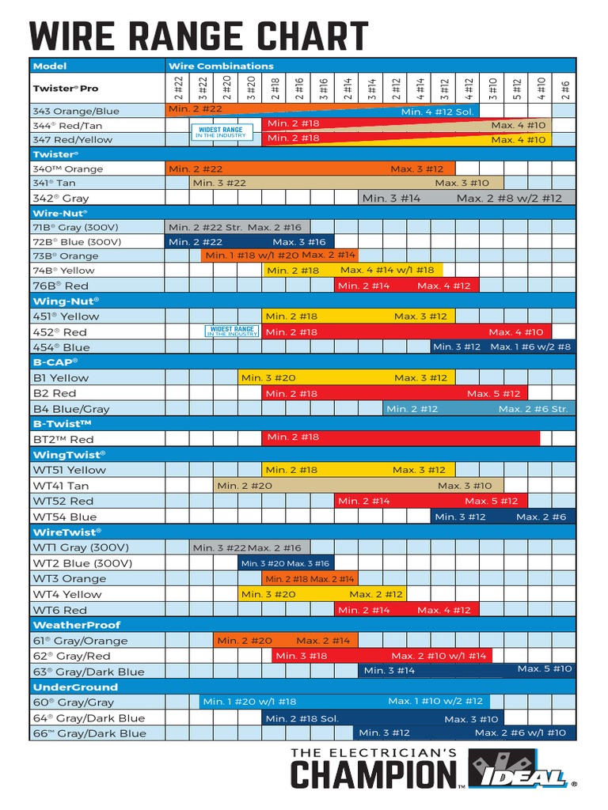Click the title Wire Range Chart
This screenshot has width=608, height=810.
point(199,37)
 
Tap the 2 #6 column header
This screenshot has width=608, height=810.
point(564,89)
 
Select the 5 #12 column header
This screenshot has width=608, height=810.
point(516,89)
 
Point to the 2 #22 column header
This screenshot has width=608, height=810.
point(178,89)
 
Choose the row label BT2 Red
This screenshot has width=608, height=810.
point(63,439)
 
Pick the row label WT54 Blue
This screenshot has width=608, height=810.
point(65,517)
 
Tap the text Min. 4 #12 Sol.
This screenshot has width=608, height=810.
point(437,112)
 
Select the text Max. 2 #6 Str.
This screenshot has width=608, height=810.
point(533,409)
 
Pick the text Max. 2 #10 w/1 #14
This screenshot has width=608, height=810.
point(439,656)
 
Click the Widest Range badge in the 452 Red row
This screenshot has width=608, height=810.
point(232,331)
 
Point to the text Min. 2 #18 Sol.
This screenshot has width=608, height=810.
point(302,718)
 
